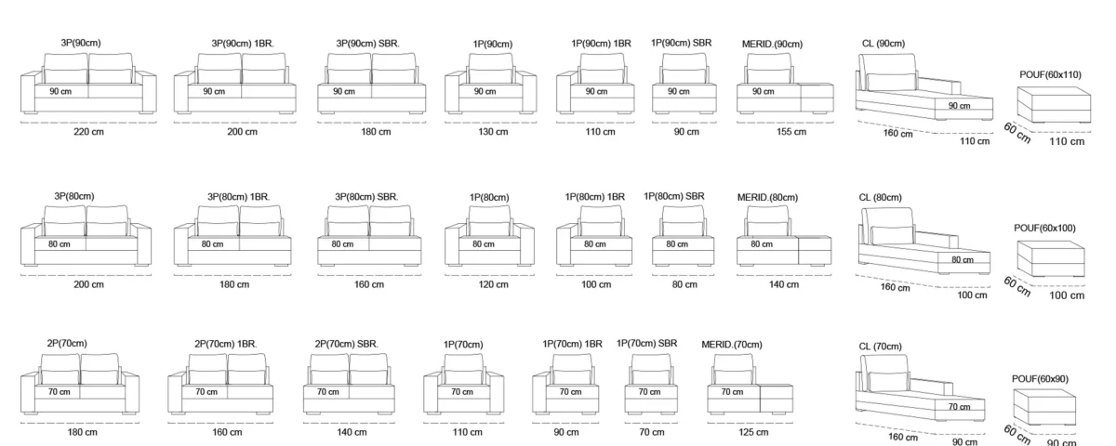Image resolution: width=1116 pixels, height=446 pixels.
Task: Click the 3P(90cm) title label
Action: (81, 44)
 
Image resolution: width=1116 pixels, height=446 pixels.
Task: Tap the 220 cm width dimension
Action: (88, 132)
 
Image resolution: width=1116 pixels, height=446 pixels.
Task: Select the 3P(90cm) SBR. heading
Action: (367, 44)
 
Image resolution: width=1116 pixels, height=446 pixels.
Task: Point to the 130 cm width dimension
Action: (493, 132)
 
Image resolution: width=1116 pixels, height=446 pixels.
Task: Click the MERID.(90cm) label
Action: (772, 45)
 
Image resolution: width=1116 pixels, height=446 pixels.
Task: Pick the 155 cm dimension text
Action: (791, 132)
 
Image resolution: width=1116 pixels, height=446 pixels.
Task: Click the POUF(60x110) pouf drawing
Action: (1054, 104)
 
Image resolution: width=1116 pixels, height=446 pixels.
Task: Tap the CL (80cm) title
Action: (881, 198)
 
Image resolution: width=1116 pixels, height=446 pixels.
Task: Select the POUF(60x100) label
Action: (1044, 229)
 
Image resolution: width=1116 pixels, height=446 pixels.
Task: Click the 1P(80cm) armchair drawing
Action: (490, 236)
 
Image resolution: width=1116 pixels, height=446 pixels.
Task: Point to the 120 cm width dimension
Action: (494, 284)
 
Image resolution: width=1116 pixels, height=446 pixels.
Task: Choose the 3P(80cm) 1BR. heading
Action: (239, 197)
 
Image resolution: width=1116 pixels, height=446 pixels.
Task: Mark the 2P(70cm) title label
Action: (67, 344)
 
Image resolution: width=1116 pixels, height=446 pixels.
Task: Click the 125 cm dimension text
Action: (753, 433)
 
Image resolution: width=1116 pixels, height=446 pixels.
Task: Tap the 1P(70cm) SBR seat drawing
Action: (651, 384)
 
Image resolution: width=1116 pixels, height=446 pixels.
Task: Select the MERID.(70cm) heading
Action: (732, 345)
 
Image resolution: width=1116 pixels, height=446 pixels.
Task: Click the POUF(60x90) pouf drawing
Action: (1044, 407)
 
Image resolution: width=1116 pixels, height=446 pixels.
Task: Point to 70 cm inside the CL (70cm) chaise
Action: (959, 407)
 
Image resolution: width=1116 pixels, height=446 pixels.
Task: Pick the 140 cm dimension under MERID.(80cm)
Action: (784, 284)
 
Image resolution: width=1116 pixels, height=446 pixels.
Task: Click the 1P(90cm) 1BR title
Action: (601, 44)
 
